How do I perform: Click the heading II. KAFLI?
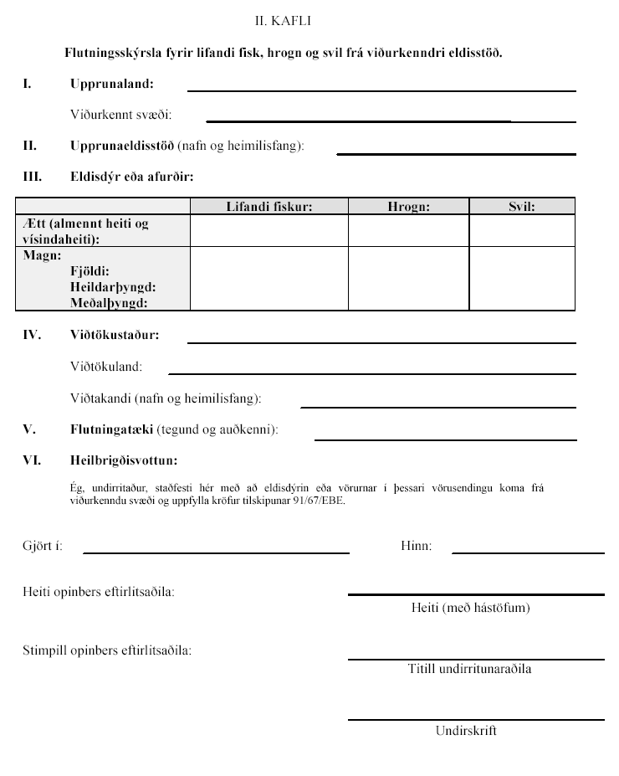coord(284,18)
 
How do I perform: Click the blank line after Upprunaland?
coord(381,89)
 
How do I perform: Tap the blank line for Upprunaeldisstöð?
coord(456,152)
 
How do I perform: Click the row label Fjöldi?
coord(90,272)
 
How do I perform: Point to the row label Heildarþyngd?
coord(113,287)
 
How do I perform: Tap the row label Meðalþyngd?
coord(109,303)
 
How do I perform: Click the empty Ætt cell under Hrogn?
coord(408,231)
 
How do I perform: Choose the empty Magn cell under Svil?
coord(521,279)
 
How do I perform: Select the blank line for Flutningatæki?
coord(445,437)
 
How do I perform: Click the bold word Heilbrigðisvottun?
coord(124,460)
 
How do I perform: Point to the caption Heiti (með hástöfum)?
coord(470,608)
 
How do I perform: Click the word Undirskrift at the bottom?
coord(466,731)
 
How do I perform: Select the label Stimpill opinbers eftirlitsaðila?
coord(106,650)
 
